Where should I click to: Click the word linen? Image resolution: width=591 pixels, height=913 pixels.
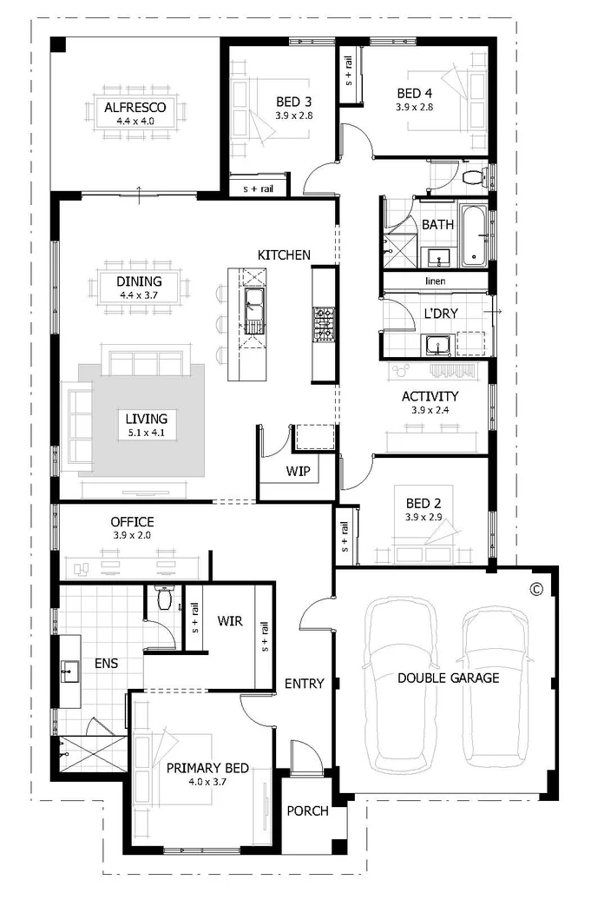coord(436,281)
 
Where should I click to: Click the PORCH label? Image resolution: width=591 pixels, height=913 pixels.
coord(308,810)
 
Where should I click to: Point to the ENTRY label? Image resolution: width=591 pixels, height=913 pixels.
coord(304,684)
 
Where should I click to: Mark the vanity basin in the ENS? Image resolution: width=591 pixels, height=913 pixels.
coord(68,672)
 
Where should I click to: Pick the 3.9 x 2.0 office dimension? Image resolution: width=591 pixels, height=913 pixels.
coord(132,536)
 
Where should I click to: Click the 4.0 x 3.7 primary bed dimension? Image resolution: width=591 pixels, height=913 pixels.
coord(207,782)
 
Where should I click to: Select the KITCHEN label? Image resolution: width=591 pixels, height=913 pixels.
coord(283,255)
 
